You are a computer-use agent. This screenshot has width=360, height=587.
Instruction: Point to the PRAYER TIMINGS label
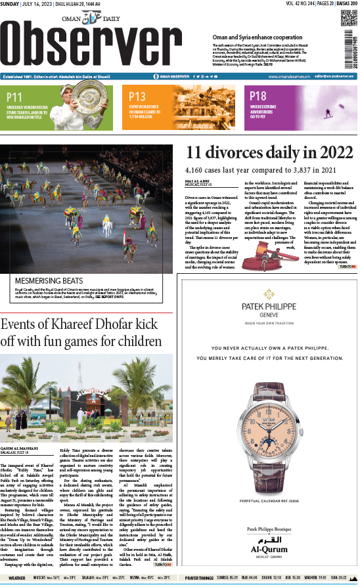[x=199, y=579]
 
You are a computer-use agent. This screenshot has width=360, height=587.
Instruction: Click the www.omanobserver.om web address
[x=284, y=76]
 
